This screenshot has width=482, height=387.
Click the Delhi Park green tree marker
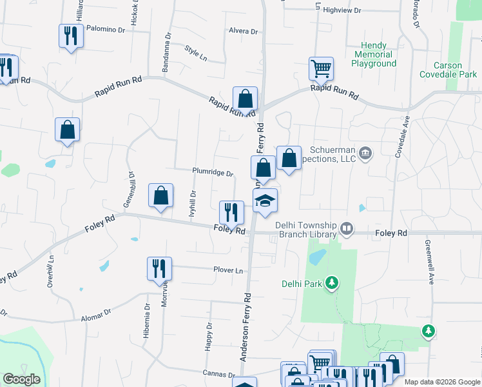coord(332,283)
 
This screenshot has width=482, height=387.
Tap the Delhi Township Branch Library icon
coord(347,228)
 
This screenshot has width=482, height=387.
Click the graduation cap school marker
coord(265,201)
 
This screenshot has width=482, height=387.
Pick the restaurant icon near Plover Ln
coord(159,268)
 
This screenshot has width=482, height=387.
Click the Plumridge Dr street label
coord(212,172)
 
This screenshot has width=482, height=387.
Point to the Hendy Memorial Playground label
coord(374,55)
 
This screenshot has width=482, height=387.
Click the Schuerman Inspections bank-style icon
coord(366,153)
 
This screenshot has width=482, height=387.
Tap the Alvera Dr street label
coord(243,31)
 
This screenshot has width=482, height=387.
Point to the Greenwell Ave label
coord(429,263)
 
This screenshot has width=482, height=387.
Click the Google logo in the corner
coord(21,379)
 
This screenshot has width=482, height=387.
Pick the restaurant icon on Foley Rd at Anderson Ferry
coord(231,212)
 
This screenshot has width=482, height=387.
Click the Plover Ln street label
coord(229,270)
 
